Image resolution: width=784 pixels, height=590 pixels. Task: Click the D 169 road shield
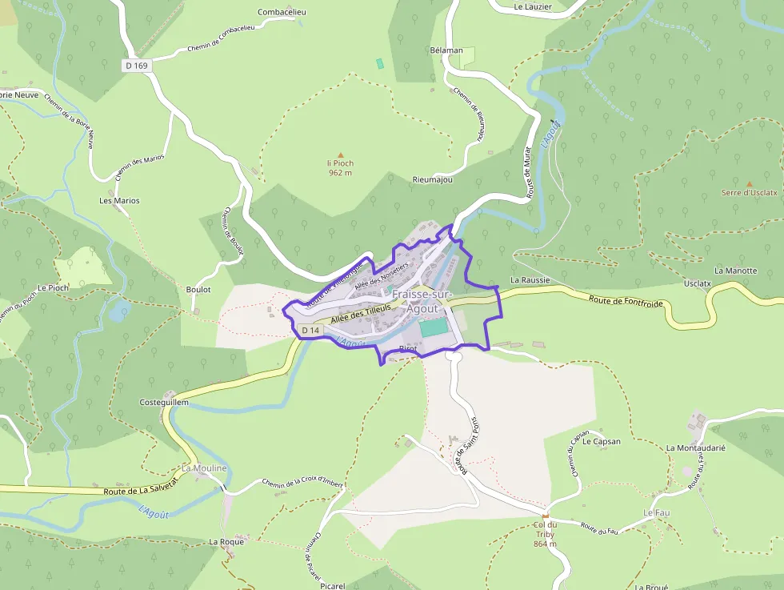click(138, 66)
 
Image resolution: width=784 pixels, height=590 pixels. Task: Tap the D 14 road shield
click(310, 330)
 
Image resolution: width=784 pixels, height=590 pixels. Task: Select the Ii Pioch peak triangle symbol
click(340, 155)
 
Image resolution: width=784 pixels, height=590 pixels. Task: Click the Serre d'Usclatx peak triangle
click(749, 183)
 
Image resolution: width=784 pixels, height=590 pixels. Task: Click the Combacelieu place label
click(282, 12)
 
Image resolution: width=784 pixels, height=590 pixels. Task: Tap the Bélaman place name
click(446, 50)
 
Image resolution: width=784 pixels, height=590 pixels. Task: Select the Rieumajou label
click(432, 179)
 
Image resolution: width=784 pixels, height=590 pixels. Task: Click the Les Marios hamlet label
click(119, 200)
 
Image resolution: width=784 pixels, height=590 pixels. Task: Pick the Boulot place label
click(198, 290)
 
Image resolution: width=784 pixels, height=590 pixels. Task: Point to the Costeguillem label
click(164, 402)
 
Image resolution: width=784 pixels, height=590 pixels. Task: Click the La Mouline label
click(205, 468)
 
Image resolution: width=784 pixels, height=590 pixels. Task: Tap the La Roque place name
click(226, 542)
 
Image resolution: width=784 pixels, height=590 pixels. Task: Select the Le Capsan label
click(602, 441)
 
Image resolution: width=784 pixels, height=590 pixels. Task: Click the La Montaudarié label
click(695, 448)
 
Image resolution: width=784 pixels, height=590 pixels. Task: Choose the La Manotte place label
click(735, 271)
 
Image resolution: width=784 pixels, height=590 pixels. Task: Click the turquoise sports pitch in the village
click(434, 327)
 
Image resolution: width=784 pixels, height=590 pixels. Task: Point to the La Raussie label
click(530, 280)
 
